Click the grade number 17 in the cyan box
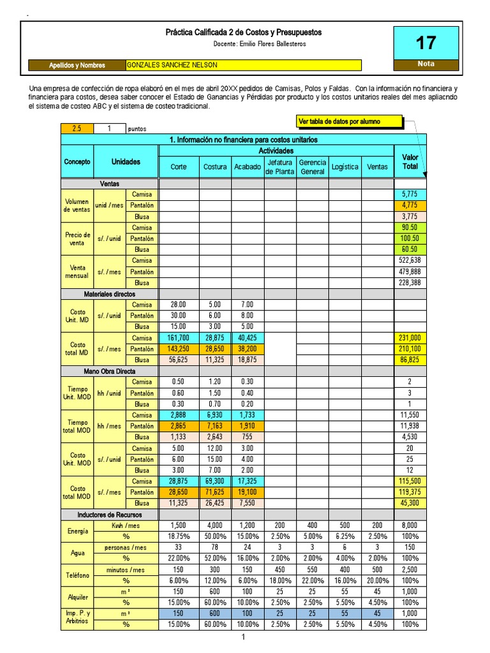click(426, 43)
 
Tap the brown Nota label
click(426, 64)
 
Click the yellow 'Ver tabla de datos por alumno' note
click(350, 121)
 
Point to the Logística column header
click(345, 167)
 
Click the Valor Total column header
click(410, 161)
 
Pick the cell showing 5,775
click(410, 194)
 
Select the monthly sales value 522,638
click(410, 260)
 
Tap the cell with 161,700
click(179, 338)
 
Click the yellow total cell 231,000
click(410, 338)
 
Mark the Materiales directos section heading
click(110, 294)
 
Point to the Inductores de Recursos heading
click(110, 515)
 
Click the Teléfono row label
click(77, 575)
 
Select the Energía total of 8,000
click(410, 525)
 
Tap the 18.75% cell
click(179, 536)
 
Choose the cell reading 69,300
click(215, 481)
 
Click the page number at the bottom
click(243, 637)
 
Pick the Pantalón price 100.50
click(410, 238)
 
